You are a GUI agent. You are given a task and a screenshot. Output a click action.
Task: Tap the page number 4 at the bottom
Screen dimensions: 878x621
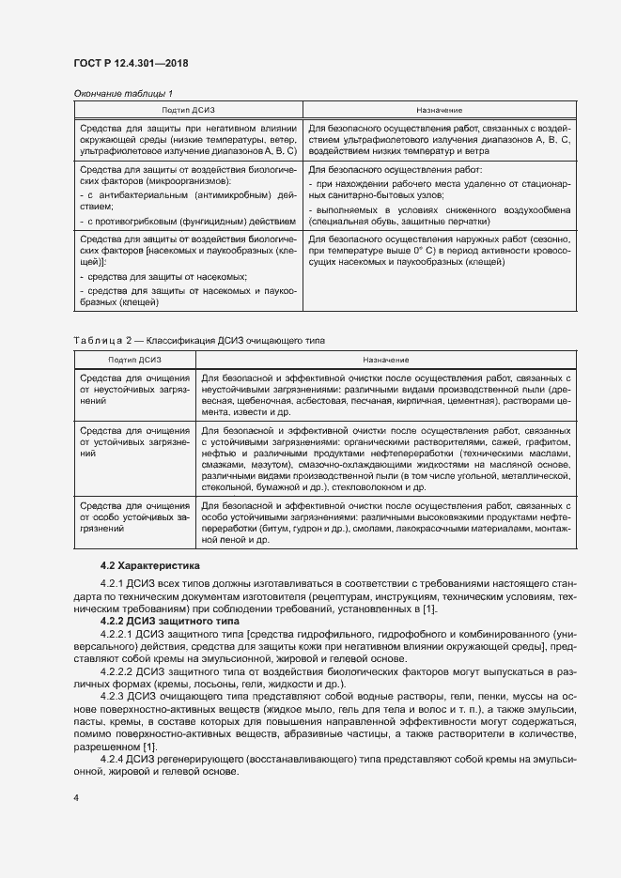point(76,797)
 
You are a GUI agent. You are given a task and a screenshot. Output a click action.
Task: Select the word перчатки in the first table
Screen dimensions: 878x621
point(466,223)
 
